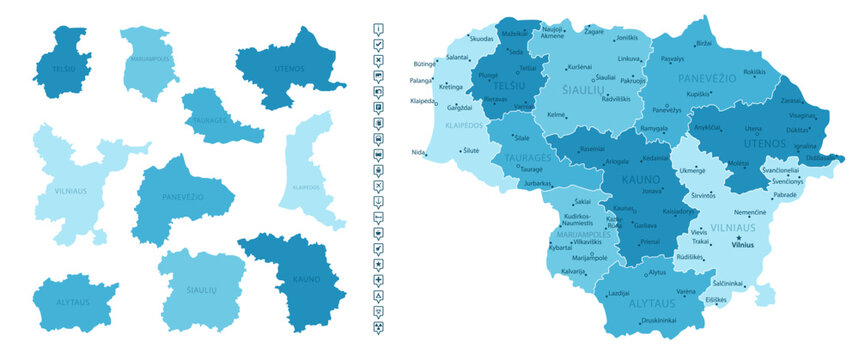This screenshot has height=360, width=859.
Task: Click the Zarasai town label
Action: click(792, 102)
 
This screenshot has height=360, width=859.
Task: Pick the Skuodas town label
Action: click(482, 38)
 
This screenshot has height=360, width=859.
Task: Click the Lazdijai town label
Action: click(618, 292)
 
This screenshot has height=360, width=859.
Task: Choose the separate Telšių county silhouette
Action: click(60, 62)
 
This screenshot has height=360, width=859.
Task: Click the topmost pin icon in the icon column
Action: click(379, 29)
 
